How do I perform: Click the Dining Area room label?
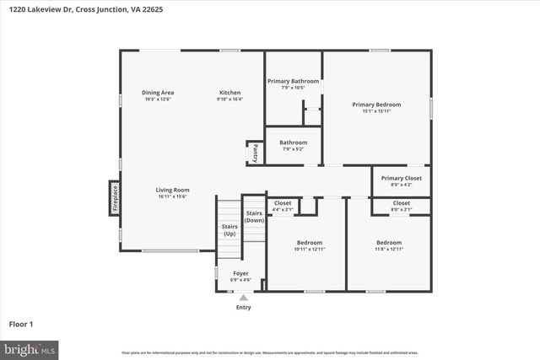point(157,92)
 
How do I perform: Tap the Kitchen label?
point(229,92)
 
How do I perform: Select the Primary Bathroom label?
point(294,81)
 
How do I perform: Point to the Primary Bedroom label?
point(376,105)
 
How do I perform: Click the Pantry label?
point(255,153)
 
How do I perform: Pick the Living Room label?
point(172,190)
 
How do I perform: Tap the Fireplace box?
point(114,198)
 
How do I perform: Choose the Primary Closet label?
point(402,178)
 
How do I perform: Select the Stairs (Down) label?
point(254,217)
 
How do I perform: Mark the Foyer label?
point(240,273)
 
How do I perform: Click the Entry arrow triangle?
point(243,297)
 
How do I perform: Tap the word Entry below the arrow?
point(243,307)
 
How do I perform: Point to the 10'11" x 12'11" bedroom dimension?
point(310,250)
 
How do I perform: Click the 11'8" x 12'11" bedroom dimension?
point(389,250)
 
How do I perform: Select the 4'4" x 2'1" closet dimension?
point(283,209)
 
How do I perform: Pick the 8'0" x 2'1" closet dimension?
point(402,209)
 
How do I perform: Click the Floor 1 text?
point(21,324)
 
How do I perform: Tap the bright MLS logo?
point(30,348)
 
